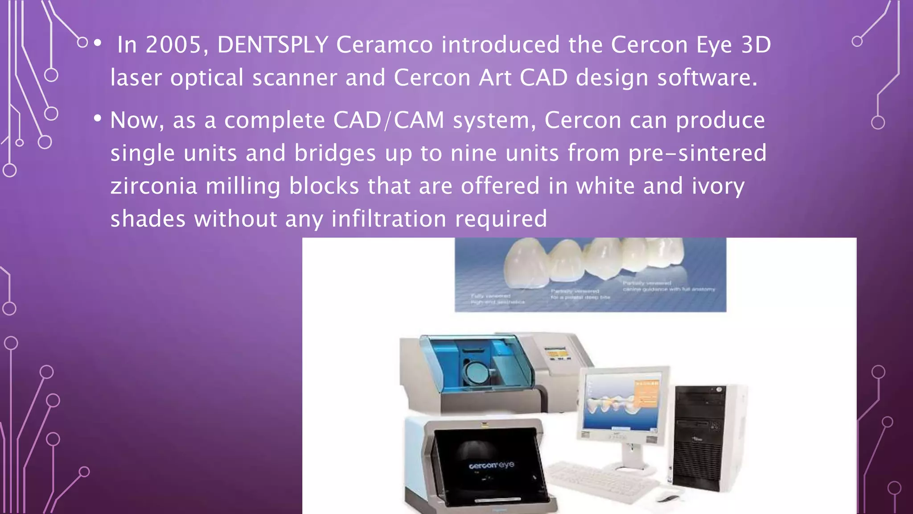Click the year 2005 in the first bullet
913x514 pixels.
pos(174,45)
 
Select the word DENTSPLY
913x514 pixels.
pos(273,45)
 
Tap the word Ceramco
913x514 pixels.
pos(384,45)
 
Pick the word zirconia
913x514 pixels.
pos(154,186)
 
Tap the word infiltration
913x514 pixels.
pos(389,219)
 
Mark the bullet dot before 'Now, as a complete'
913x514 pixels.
pos(98,119)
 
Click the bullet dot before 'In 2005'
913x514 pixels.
pos(98,43)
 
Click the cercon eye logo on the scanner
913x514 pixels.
pos(491,465)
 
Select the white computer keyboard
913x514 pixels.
pos(602,482)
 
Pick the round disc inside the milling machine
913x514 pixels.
pos(474,371)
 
